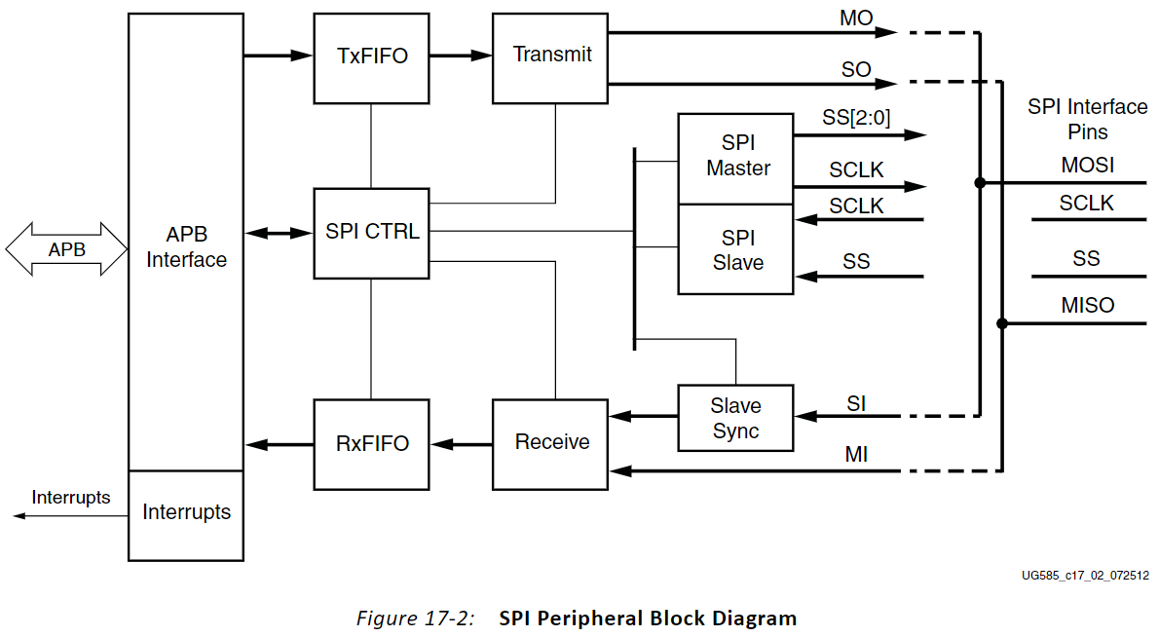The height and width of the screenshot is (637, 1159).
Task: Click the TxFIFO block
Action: coord(371,57)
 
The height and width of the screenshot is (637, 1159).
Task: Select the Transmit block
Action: coord(551,57)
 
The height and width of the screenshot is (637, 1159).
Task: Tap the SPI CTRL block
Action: coord(371,232)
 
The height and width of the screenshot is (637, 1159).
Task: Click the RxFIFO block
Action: coord(371,444)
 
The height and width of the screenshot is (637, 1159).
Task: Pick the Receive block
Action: coord(551,444)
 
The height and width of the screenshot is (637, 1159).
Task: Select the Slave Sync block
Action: coord(735,418)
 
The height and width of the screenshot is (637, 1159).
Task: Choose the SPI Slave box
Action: coord(736,249)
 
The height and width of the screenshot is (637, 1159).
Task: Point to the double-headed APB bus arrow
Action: coord(66,249)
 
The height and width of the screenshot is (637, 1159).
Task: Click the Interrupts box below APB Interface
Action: coord(186,513)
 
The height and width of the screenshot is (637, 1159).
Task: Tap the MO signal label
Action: coord(856,18)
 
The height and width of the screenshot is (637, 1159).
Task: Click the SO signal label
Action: coord(856,70)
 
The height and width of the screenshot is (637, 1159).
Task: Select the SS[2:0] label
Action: coord(856,119)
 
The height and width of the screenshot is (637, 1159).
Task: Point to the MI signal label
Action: coord(856,455)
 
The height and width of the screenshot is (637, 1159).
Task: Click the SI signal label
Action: coord(856,401)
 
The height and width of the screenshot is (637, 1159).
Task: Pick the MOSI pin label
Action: coord(1087,166)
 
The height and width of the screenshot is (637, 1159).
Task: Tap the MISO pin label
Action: coord(1087,306)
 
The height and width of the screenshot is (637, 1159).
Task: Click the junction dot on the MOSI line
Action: coord(979,182)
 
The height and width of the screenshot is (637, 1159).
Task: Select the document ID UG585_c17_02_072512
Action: coord(1084,575)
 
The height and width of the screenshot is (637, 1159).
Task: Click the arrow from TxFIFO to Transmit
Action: coord(460,56)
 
